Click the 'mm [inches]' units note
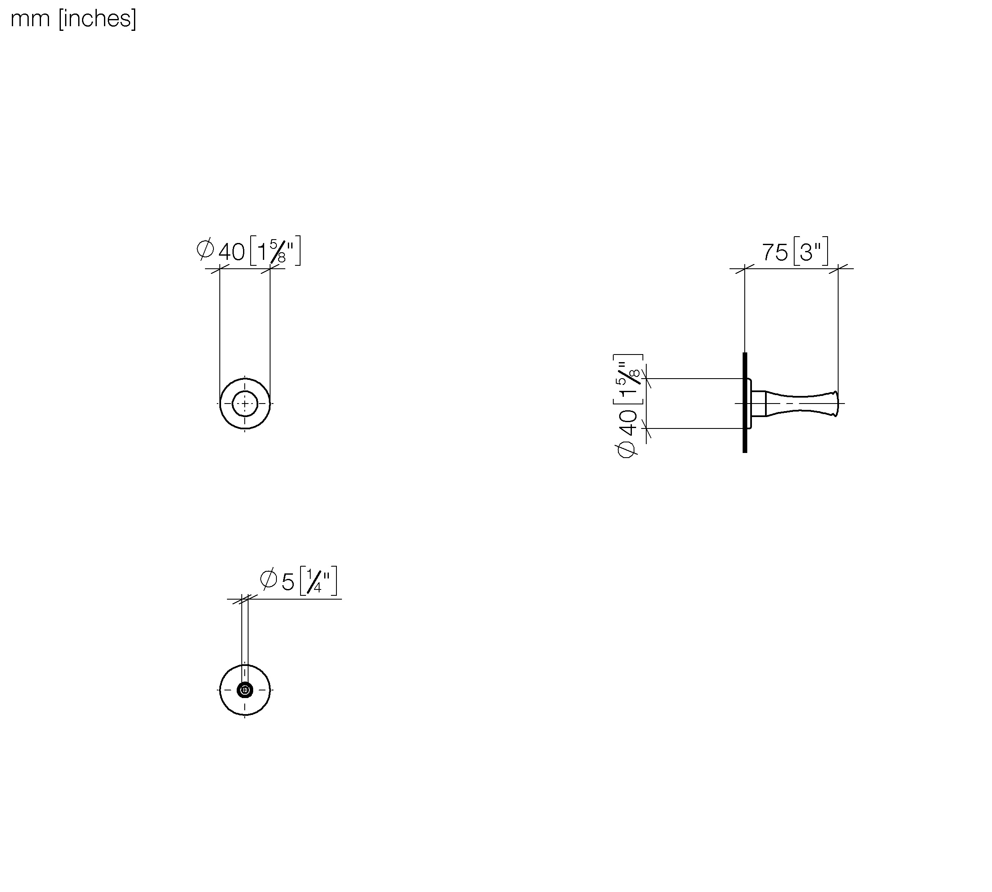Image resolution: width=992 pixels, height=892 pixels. [x=73, y=19]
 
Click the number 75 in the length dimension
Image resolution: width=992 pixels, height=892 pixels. [x=775, y=253]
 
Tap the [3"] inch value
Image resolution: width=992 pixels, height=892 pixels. [x=811, y=251]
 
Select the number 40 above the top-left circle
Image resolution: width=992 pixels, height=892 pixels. [x=231, y=252]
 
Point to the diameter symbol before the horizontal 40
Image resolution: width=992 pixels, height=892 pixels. [x=205, y=249]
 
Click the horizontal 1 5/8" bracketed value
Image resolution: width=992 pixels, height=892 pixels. [x=275, y=251]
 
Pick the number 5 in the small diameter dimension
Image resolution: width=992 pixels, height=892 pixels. [x=288, y=582]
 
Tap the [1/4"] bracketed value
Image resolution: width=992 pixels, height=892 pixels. [x=319, y=581]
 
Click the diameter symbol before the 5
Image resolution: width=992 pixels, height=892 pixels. [x=268, y=579]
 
